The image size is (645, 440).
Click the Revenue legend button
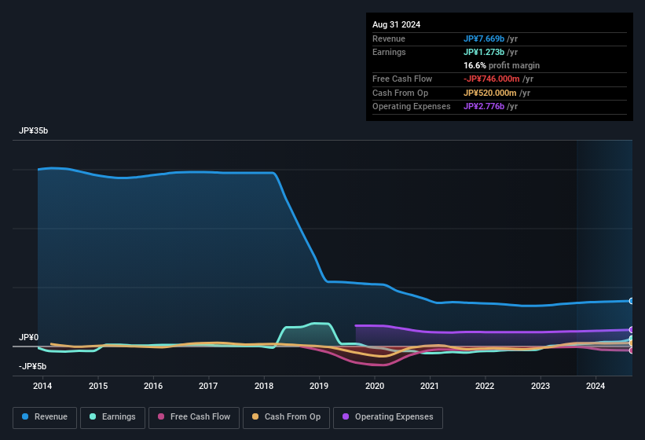click(x=44, y=417)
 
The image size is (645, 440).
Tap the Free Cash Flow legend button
click(x=195, y=417)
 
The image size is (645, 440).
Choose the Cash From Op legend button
click(x=288, y=417)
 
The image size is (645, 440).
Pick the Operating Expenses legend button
click(x=388, y=417)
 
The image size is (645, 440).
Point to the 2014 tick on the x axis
click(x=42, y=386)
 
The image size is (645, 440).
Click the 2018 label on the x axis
click(x=264, y=386)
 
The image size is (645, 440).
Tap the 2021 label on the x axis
click(x=430, y=386)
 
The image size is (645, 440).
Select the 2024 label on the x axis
click(x=596, y=386)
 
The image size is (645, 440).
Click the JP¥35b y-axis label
click(x=34, y=131)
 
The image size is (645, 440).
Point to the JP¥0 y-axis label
click(x=28, y=337)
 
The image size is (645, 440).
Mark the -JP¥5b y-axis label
click(x=32, y=366)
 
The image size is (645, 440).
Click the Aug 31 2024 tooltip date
click(x=396, y=24)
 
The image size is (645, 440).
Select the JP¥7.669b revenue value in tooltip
click(x=484, y=38)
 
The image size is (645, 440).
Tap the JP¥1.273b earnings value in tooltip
click(x=484, y=52)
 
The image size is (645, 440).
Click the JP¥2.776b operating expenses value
click(x=484, y=106)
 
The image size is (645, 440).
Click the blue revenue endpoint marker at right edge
click(x=632, y=301)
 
